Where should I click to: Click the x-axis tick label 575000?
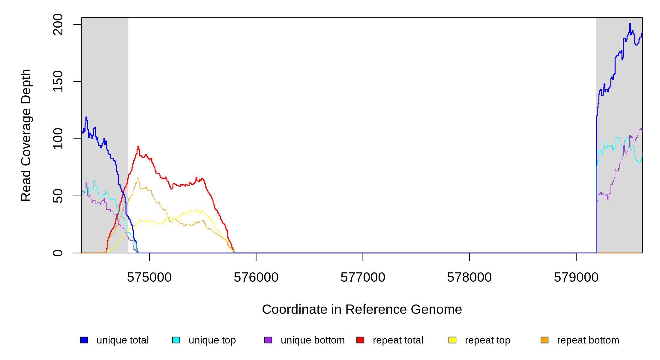(x=149, y=277)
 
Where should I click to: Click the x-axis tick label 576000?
(x=256, y=277)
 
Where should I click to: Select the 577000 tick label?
(x=363, y=277)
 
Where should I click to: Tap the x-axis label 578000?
(x=469, y=277)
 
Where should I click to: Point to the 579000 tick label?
(x=576, y=277)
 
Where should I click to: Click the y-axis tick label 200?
(x=58, y=25)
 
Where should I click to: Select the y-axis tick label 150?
(x=58, y=81)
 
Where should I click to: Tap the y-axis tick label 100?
(x=58, y=139)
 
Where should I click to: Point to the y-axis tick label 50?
(x=58, y=196)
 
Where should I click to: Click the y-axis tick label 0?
(x=58, y=253)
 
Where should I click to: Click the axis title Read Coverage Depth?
(x=26, y=135)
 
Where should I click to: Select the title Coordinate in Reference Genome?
(x=362, y=309)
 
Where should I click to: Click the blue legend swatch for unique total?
(x=84, y=340)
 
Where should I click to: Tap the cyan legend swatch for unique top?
(x=176, y=340)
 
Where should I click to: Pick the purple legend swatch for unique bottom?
(x=268, y=340)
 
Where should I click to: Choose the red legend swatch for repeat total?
(x=360, y=340)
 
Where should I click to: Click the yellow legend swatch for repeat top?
(x=452, y=340)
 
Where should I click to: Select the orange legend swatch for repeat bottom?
(x=544, y=340)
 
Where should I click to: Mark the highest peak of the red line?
(x=138, y=146)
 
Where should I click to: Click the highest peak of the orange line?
(x=138, y=178)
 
